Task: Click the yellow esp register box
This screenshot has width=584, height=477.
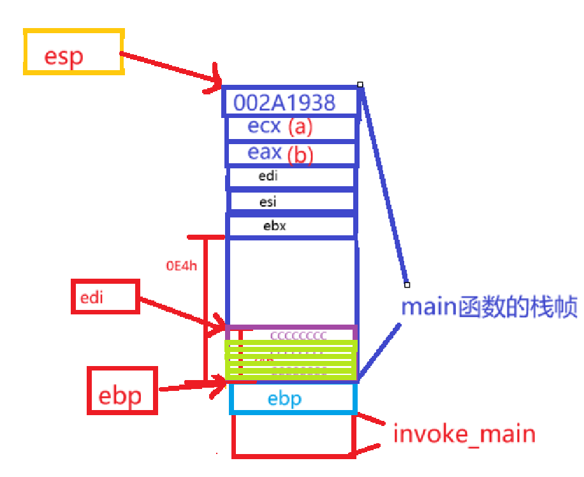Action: click(x=73, y=52)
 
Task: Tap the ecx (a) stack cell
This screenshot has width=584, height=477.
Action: click(x=291, y=128)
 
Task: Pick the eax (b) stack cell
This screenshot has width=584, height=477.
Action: click(x=291, y=154)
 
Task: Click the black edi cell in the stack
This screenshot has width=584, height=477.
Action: click(x=291, y=177)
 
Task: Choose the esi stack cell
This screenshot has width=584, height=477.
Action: click(x=291, y=202)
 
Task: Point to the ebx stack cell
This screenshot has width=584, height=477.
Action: click(x=291, y=226)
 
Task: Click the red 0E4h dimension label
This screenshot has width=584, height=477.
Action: click(x=182, y=266)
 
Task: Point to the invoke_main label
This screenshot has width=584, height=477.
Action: click(x=464, y=435)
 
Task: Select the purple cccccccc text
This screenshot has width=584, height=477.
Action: click(x=298, y=335)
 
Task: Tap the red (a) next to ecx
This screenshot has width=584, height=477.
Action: click(x=300, y=128)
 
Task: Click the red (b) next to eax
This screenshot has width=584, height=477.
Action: click(x=300, y=155)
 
